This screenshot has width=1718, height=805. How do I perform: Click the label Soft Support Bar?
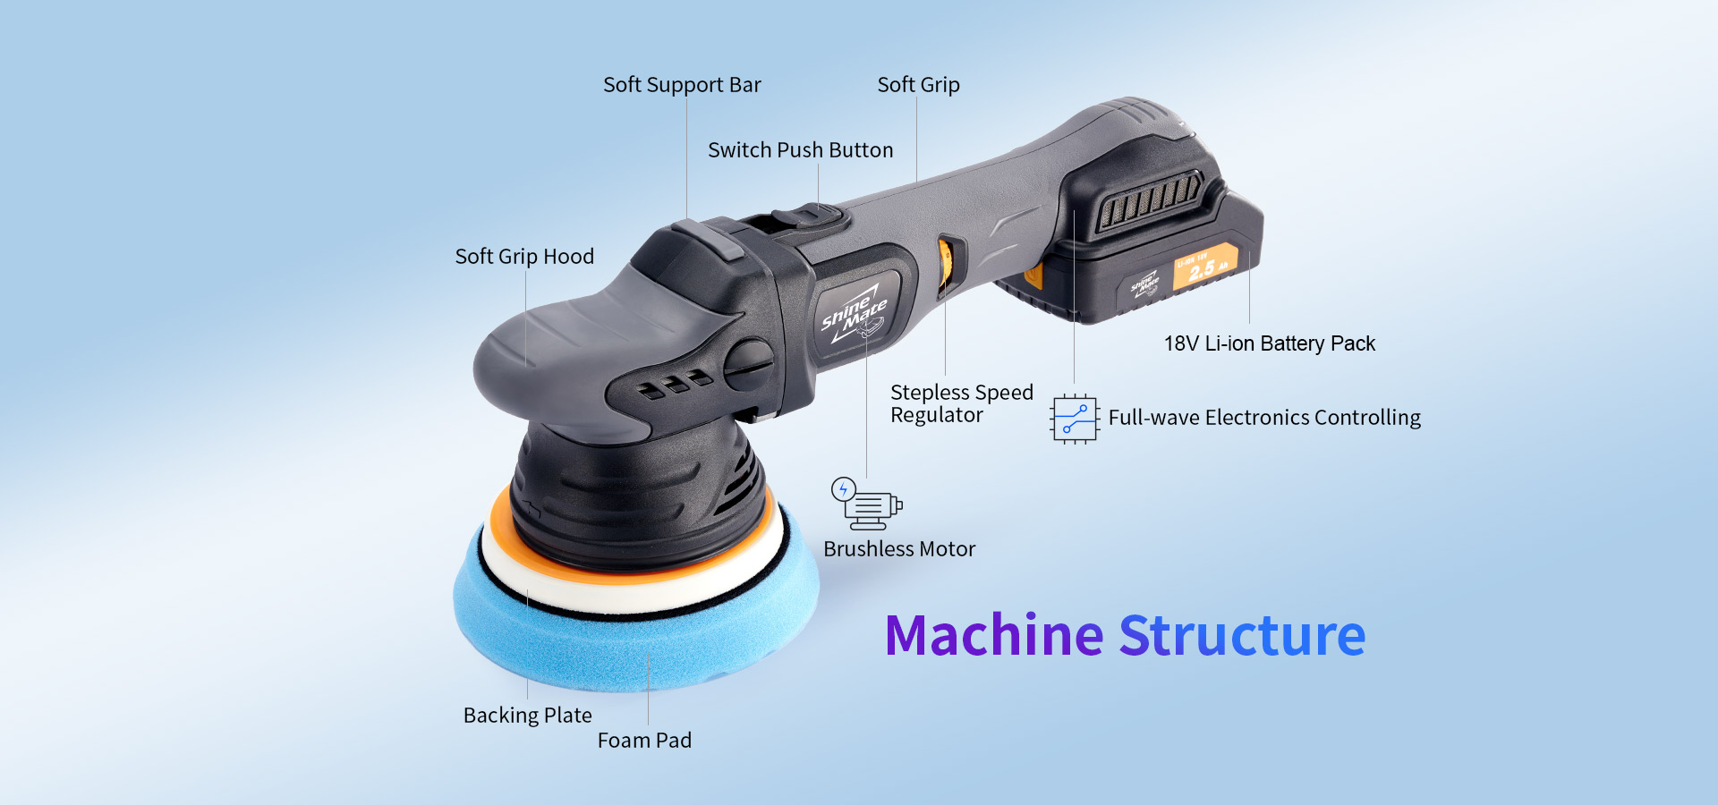pos(682,85)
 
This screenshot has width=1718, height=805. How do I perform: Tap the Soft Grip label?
pos(918,85)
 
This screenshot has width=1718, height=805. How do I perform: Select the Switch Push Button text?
pos(800,149)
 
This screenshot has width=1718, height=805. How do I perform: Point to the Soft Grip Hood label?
pos(524,257)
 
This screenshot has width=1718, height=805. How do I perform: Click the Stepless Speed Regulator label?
pos(961,403)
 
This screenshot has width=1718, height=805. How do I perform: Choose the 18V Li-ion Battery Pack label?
pos(1269,343)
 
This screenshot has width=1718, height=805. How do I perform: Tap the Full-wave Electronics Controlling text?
pos(1264,418)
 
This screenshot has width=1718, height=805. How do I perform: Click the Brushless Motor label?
pos(899,549)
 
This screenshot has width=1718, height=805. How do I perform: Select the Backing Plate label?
pos(527,716)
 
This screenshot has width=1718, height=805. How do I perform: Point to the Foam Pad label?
pos(644,741)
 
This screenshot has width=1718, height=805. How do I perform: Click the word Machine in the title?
pos(993,636)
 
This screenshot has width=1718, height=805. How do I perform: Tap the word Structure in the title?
pos(1242,636)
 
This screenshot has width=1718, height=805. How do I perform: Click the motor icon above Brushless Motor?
pos(866,504)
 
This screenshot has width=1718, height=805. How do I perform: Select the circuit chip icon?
pos(1074,419)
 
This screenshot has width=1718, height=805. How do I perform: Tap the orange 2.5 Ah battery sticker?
pos(1204,267)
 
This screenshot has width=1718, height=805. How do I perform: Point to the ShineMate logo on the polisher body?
pos(854,314)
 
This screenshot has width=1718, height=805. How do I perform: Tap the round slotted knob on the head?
pos(747,365)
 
